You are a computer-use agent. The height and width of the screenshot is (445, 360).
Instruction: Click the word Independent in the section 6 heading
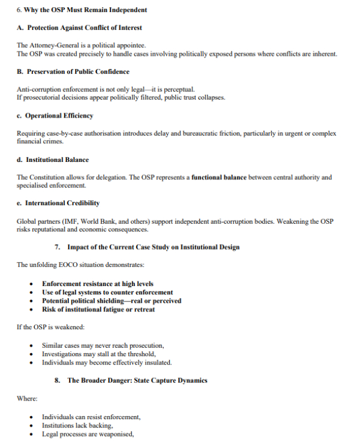(x=125, y=10)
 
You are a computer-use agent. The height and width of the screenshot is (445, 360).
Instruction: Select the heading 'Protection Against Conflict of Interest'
(x=85, y=28)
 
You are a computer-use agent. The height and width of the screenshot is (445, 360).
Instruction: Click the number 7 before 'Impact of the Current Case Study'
(x=56, y=247)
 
